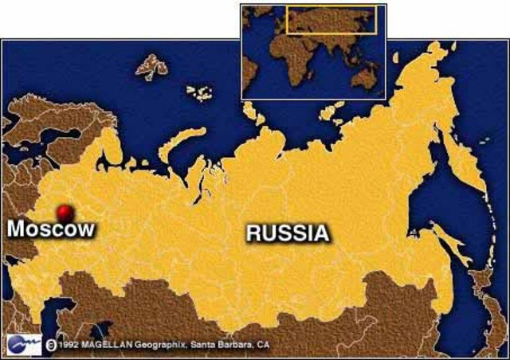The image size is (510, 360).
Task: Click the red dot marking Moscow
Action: click(x=65, y=212)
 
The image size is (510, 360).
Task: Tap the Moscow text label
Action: click(x=51, y=229)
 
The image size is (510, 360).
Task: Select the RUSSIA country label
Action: click(x=287, y=233)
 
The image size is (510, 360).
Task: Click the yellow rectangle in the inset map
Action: click(x=331, y=20)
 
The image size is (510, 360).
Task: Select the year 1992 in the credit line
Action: click(x=68, y=346)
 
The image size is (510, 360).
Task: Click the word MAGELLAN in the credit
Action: click(x=104, y=346)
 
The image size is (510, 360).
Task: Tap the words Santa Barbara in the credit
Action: click(x=223, y=346)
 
